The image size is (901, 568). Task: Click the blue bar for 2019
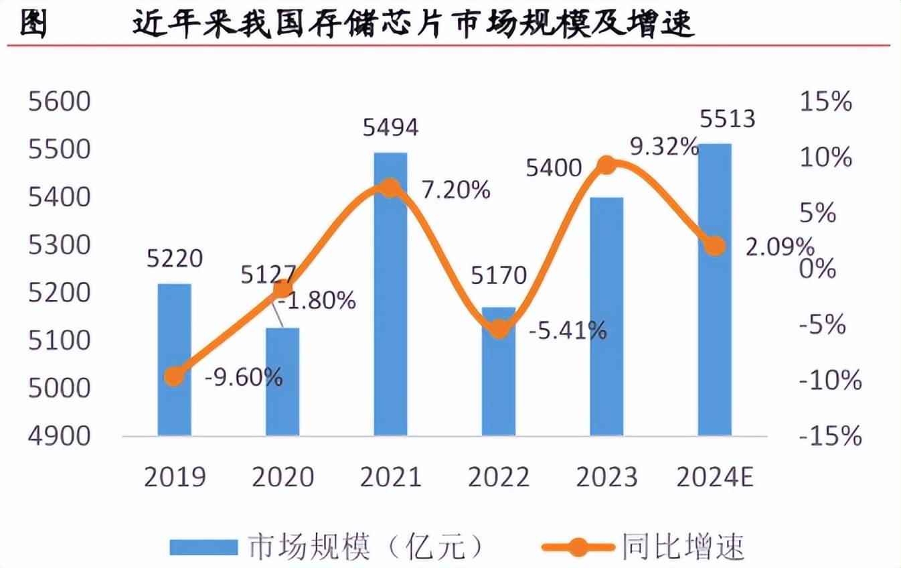174,360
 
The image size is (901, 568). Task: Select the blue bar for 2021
390,295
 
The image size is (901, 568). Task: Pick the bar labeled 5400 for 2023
606,316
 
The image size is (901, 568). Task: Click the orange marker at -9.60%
174,376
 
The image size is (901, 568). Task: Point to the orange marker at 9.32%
606,165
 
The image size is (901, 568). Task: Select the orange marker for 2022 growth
499,329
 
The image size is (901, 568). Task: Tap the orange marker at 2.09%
715,246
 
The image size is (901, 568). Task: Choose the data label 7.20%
456,190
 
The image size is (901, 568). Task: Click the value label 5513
727,119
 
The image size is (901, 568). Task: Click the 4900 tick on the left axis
58,435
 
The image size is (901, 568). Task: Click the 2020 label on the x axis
282,477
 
